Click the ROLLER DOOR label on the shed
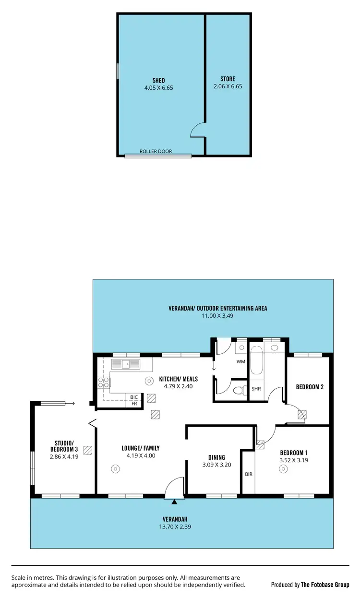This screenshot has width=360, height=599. point(156,151)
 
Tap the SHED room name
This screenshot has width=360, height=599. point(158,81)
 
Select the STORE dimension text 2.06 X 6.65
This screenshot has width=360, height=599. point(228,87)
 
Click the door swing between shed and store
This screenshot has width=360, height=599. point(198,131)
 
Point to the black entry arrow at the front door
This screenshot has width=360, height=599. point(174,502)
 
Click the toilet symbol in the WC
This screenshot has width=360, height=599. point(237,390)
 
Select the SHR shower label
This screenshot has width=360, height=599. point(256,389)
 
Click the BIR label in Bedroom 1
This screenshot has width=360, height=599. point(248,474)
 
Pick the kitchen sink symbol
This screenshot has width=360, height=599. point(126,364)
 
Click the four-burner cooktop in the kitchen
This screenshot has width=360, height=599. point(104,383)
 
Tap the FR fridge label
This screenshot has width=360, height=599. point(134,404)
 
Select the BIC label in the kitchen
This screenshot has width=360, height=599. point(134,397)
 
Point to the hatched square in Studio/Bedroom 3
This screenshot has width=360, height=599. point(87,450)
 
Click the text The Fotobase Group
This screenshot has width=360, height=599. point(325,585)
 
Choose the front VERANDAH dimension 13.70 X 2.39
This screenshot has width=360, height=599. point(174,526)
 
